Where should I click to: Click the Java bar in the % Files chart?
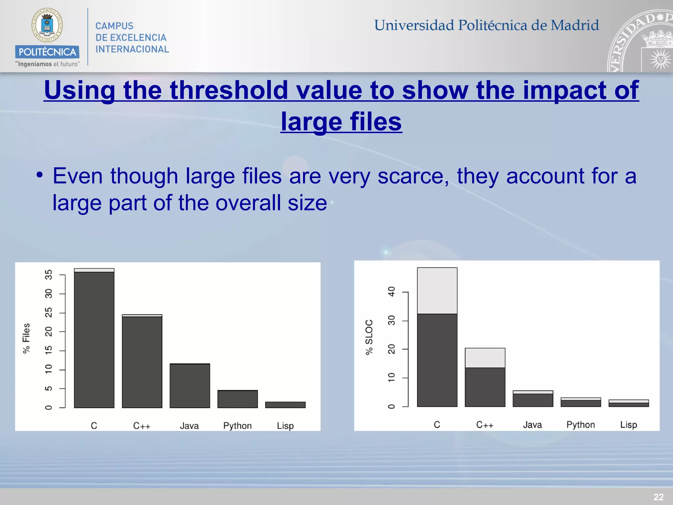pyautogui.click(x=190, y=386)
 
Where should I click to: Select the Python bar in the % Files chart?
pyautogui.click(x=238, y=399)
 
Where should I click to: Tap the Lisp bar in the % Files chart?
pyautogui.click(x=285, y=405)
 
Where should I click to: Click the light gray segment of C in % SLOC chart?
pyautogui.click(x=437, y=291)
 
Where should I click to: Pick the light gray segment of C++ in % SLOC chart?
pyautogui.click(x=485, y=358)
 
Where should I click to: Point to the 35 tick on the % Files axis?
pyautogui.click(x=49, y=275)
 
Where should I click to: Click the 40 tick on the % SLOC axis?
pyautogui.click(x=391, y=292)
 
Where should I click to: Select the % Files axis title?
pyautogui.click(x=26, y=338)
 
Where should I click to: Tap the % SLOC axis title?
pyautogui.click(x=369, y=337)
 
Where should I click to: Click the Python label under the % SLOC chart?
pyautogui.click(x=581, y=425)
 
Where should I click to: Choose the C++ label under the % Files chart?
pyautogui.click(x=142, y=426)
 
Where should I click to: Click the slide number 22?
pyautogui.click(x=658, y=497)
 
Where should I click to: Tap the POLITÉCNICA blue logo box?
pyautogui.click(x=47, y=52)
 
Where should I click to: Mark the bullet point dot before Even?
pyautogui.click(x=39, y=175)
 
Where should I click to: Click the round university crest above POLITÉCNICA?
pyautogui.click(x=47, y=25)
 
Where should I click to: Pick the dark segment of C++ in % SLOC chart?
pyautogui.click(x=485, y=387)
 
